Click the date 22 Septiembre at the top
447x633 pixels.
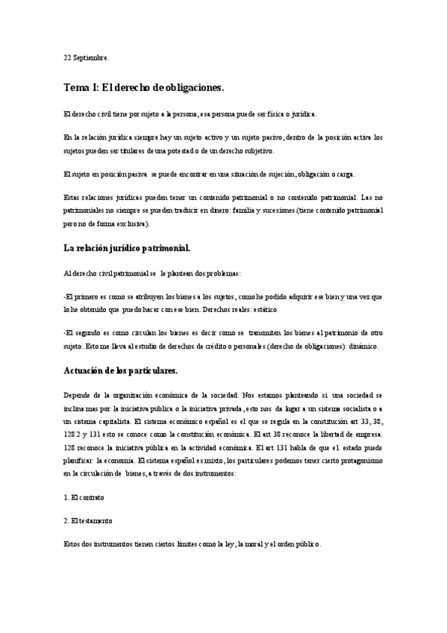86,57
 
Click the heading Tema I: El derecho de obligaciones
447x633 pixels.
143,88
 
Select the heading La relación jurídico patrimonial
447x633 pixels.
128,247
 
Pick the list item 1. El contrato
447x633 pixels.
84,496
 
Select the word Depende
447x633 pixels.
77,396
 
